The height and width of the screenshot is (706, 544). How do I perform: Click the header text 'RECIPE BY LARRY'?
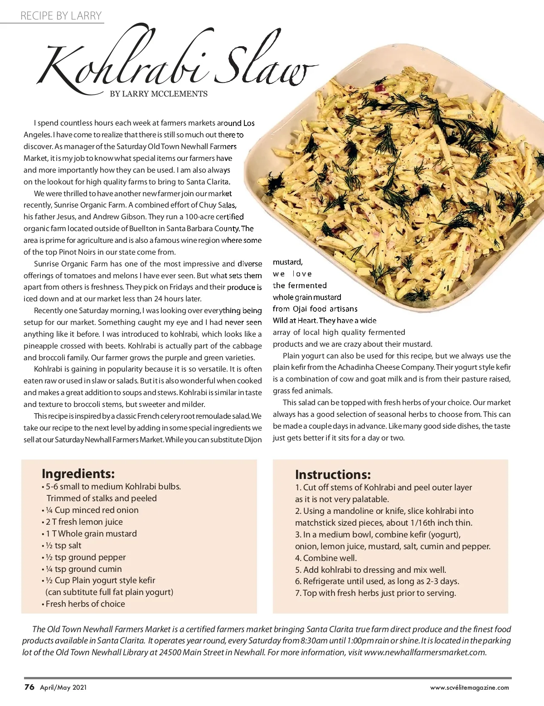click(61, 16)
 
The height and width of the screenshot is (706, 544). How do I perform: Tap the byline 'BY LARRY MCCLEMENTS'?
click(159, 94)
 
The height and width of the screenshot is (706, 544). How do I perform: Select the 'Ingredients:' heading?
click(78, 474)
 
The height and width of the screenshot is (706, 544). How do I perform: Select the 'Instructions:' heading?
click(333, 474)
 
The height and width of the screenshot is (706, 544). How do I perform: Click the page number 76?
click(29, 687)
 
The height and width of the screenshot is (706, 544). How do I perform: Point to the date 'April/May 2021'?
click(63, 687)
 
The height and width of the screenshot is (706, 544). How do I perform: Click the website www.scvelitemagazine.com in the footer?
click(469, 687)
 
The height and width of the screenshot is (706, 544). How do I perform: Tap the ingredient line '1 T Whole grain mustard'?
click(91, 534)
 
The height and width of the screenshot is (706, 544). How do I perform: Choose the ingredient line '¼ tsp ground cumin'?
click(83, 569)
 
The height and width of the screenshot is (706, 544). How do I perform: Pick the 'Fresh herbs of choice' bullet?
click(85, 604)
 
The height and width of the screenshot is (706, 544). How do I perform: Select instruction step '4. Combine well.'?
click(326, 558)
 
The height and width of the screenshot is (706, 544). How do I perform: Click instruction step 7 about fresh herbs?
click(375, 593)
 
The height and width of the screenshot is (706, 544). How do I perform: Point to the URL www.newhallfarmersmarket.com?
click(425, 653)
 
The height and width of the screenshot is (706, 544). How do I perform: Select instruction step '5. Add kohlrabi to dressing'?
click(370, 570)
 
